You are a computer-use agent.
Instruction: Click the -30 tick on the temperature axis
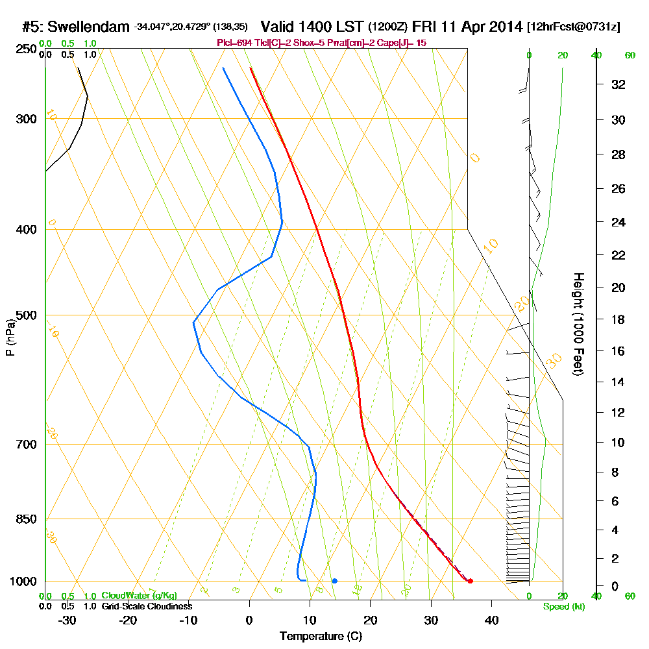[67, 620]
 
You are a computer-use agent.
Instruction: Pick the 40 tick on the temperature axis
[491, 620]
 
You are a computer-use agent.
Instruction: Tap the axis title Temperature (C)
[321, 637]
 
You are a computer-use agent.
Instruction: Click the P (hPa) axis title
[10, 337]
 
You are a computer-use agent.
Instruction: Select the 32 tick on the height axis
[618, 84]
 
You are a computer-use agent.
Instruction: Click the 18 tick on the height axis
[618, 319]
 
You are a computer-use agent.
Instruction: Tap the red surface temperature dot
[470, 581]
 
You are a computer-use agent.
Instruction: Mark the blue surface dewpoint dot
[334, 581]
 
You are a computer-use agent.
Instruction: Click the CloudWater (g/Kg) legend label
[139, 596]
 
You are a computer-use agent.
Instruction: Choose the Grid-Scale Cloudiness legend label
[146, 606]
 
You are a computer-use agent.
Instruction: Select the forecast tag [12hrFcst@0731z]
[574, 27]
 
